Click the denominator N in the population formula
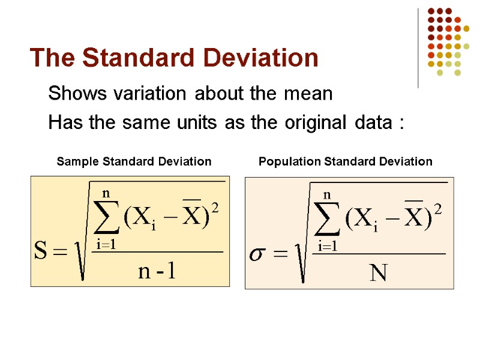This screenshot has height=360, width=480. pos(379,274)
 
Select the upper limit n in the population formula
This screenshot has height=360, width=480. pos(328,195)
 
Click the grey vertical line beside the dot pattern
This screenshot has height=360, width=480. pos(418,48)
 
